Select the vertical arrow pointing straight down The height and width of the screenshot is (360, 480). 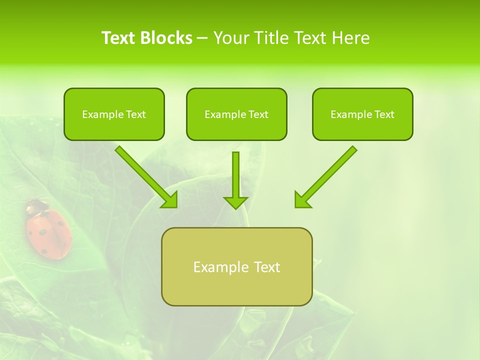(x=235, y=180)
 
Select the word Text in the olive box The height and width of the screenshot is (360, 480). (x=267, y=267)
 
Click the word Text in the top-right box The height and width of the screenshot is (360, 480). (x=384, y=114)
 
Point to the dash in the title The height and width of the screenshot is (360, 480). (x=203, y=38)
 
